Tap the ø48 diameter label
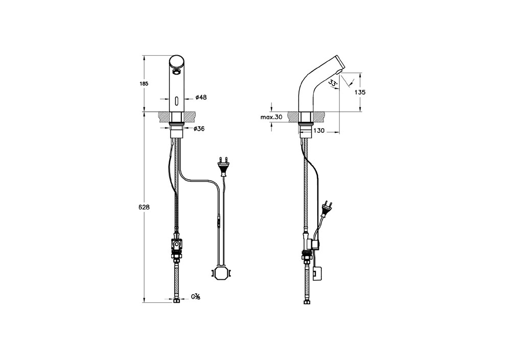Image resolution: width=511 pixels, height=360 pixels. (201, 98)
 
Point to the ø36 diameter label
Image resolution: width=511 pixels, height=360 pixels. (199, 129)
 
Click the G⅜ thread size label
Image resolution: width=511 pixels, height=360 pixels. (196, 297)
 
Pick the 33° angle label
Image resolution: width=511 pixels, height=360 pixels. (333, 83)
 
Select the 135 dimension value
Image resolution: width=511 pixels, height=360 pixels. (360, 92)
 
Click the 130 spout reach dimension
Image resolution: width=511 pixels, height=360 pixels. (319, 131)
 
